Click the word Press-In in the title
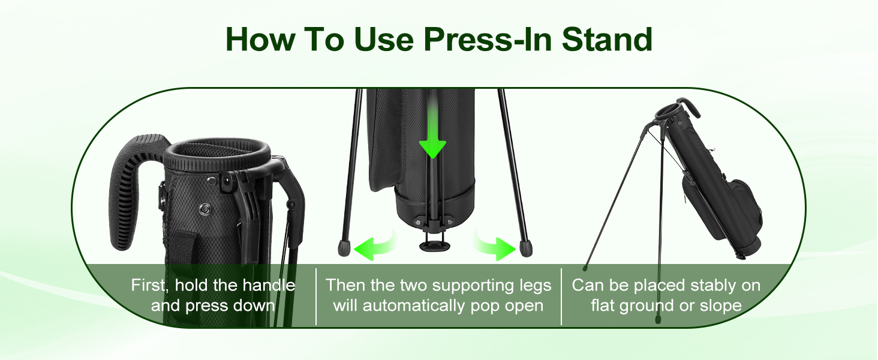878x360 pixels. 489,39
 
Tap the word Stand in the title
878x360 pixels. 607,39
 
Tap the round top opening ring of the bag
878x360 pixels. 217,154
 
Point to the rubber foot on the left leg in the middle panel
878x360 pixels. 344,248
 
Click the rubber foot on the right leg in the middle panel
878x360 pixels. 526,248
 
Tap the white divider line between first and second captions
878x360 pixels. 316,296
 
